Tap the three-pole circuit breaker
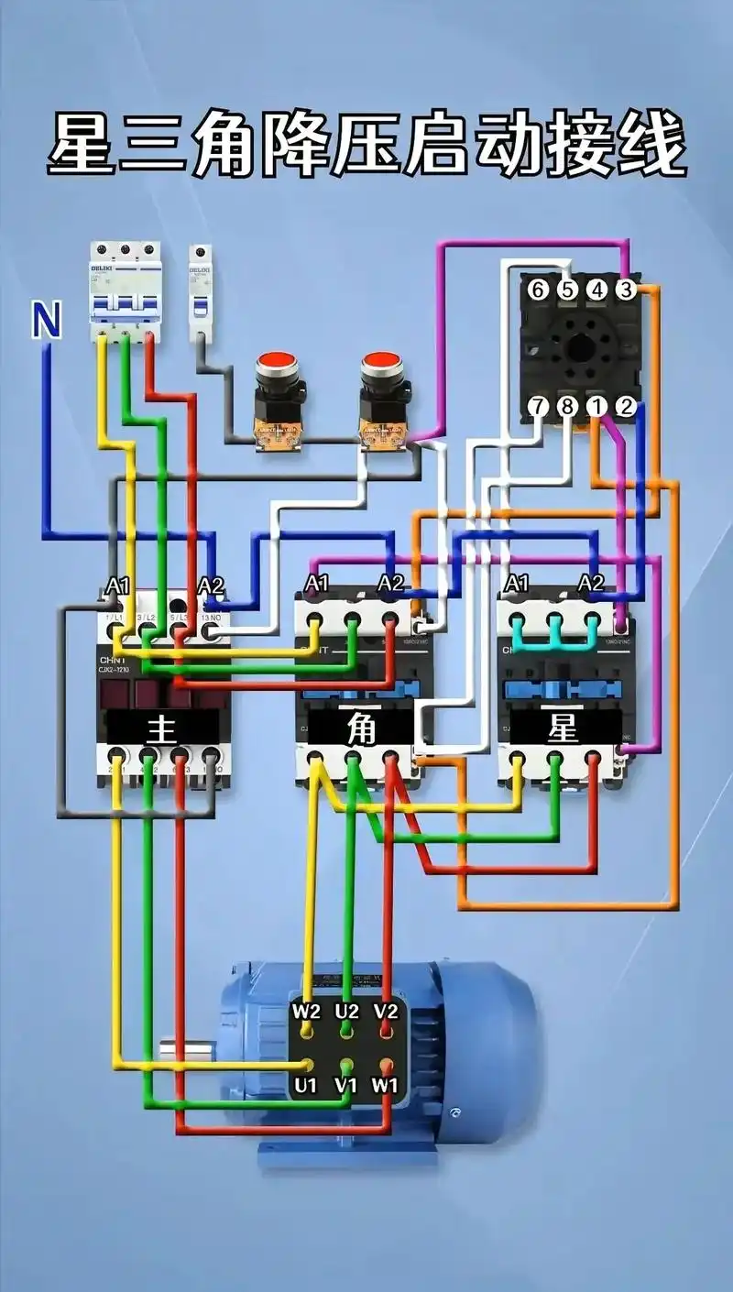(x=125, y=291)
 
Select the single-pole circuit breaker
(x=200, y=290)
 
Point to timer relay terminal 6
(x=538, y=290)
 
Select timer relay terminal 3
(x=625, y=290)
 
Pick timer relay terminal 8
(x=567, y=406)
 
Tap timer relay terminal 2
(x=625, y=406)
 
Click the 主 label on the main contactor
(x=161, y=729)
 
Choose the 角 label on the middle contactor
(x=361, y=729)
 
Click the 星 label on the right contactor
(x=562, y=729)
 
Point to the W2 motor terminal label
(x=306, y=1012)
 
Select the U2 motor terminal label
(x=346, y=1012)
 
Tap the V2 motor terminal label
(x=387, y=1012)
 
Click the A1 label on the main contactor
(x=118, y=585)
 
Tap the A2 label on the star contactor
(x=591, y=584)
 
